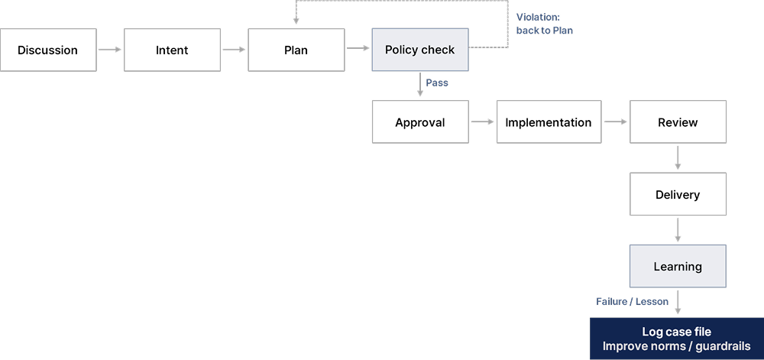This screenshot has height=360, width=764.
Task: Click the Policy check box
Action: tap(419, 50)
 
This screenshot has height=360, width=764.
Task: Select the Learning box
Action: tap(677, 267)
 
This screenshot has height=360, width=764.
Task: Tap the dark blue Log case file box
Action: tap(677, 339)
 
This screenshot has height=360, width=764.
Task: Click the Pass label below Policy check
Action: tap(437, 83)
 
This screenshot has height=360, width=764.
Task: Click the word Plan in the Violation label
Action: tap(562, 31)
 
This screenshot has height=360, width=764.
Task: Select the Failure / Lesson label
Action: tap(632, 302)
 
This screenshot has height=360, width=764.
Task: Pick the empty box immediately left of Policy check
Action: tap(296, 50)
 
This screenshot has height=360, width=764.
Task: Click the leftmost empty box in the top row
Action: tap(48, 50)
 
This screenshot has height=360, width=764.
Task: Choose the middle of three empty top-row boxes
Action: tap(172, 50)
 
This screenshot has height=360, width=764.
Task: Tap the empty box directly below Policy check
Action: tap(419, 122)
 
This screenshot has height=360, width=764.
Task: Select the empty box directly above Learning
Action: tap(677, 194)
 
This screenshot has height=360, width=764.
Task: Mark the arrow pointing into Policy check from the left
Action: tap(358, 50)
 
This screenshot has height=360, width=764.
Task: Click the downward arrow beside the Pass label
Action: tap(420, 85)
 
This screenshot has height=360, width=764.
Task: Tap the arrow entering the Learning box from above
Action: tap(677, 230)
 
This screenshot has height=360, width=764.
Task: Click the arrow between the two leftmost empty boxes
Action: tap(110, 50)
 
